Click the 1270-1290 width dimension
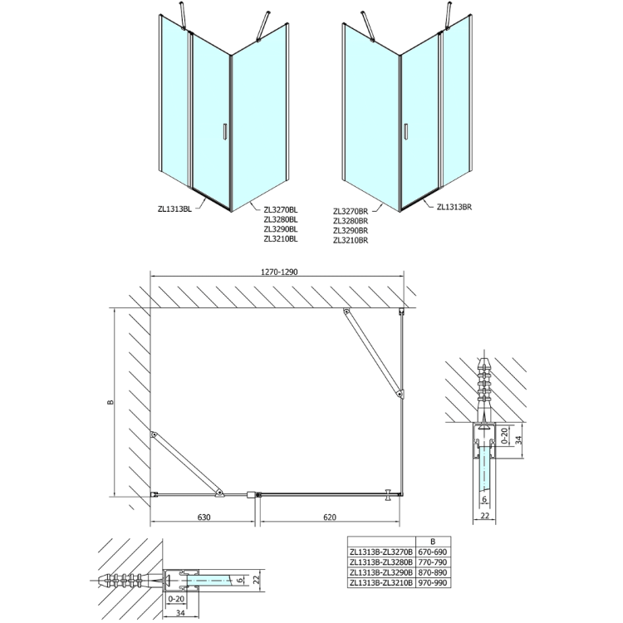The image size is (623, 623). click(x=279, y=272)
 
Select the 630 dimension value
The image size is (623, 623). click(x=204, y=517)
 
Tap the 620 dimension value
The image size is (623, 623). click(x=330, y=517)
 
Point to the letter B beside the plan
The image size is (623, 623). click(x=110, y=402)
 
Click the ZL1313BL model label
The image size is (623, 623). click(x=174, y=209)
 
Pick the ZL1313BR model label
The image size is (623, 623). click(x=454, y=207)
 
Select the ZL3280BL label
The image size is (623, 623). click(x=281, y=220)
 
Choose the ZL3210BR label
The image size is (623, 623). click(x=351, y=240)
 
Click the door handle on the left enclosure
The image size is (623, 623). click(x=224, y=131)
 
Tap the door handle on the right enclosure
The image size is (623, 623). click(x=405, y=131)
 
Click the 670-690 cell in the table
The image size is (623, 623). click(x=433, y=552)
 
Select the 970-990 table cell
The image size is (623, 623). click(x=433, y=583)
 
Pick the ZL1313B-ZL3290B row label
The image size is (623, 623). click(x=381, y=572)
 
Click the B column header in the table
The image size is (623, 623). click(x=433, y=541)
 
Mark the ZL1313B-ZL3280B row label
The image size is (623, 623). click(x=381, y=562)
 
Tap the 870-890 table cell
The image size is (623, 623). click(x=433, y=572)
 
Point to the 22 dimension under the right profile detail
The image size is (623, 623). click(x=485, y=516)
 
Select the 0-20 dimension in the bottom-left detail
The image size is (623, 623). click(x=176, y=599)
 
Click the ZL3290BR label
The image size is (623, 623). click(x=351, y=230)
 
